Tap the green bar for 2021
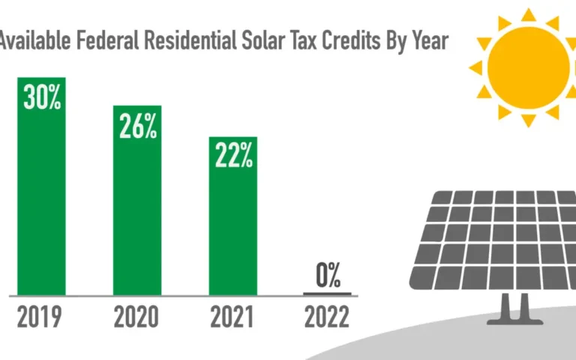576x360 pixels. [233, 225]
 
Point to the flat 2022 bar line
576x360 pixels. [327, 293]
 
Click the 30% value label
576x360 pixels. [42, 97]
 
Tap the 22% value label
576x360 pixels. [233, 156]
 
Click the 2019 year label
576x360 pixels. [41, 318]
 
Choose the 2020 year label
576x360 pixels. [136, 318]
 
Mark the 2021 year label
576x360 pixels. [232, 318]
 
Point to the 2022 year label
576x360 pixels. [327, 318]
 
